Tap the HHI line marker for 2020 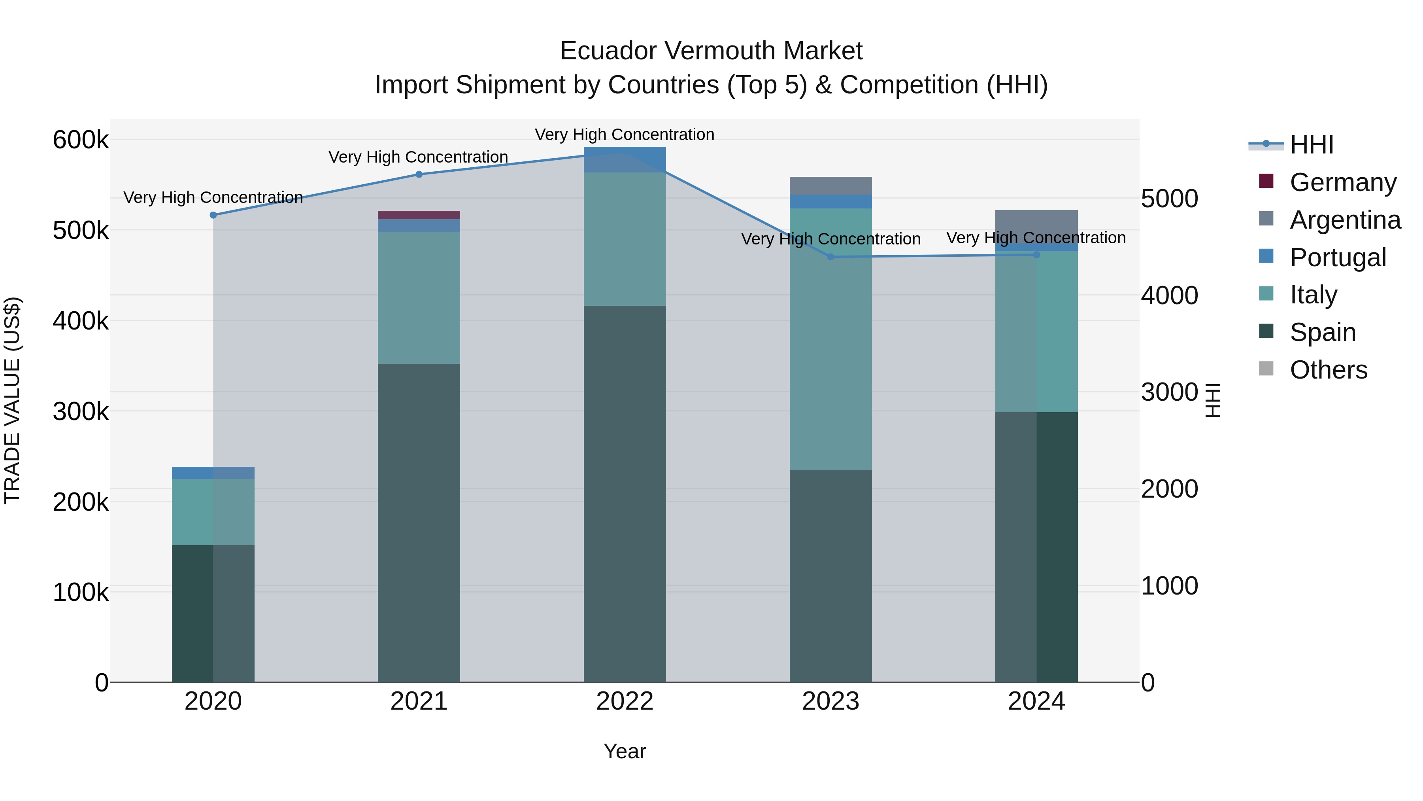[x=213, y=215]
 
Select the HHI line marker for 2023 [x=831, y=256]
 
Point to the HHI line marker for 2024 [x=1036, y=255]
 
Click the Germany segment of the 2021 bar [x=419, y=215]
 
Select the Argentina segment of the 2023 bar [x=831, y=186]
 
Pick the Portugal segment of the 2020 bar [x=213, y=473]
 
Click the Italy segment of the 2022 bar [x=625, y=239]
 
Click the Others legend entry [x=1328, y=370]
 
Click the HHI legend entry [x=1312, y=145]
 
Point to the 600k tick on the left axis [x=81, y=140]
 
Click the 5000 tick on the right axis [x=1170, y=199]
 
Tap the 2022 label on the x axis [x=625, y=701]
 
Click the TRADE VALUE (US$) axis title [x=13, y=400]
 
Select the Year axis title [x=625, y=751]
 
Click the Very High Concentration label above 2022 [x=625, y=134]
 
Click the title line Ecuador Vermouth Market [x=711, y=51]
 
